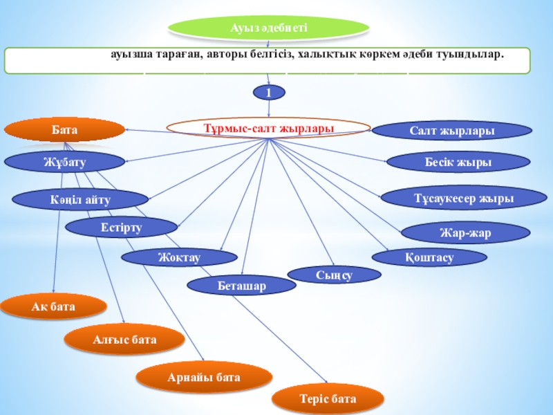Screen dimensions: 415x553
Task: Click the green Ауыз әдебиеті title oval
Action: pyautogui.click(x=269, y=28)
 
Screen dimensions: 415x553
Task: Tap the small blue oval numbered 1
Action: pyautogui.click(x=269, y=91)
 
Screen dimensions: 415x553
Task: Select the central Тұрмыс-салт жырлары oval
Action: pyautogui.click(x=269, y=128)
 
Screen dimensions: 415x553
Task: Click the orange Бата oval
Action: pyautogui.click(x=64, y=129)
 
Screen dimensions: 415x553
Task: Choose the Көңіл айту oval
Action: pyautogui.click(x=71, y=199)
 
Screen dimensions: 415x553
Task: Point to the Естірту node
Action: pyautogui.click(x=121, y=227)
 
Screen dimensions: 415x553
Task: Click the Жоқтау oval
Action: pyautogui.click(x=174, y=257)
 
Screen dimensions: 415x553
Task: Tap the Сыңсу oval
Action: pyautogui.click(x=334, y=275)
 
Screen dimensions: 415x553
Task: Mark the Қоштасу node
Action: pyautogui.click(x=429, y=257)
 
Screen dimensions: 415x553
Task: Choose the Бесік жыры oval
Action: pyautogui.click(x=458, y=162)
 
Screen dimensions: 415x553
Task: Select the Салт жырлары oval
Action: pyautogui.click(x=451, y=130)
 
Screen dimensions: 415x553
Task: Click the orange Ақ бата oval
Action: pyautogui.click(x=53, y=305)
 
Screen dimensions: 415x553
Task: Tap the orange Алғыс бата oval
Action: pyautogui.click(x=124, y=339)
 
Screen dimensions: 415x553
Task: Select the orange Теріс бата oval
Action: pyautogui.click(x=328, y=399)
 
